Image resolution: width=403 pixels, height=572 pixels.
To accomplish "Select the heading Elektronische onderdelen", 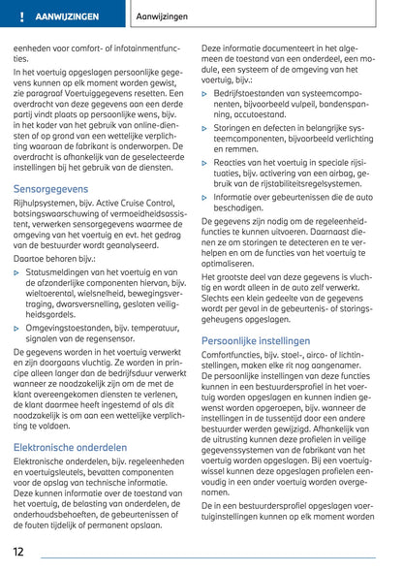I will tap(70, 447).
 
